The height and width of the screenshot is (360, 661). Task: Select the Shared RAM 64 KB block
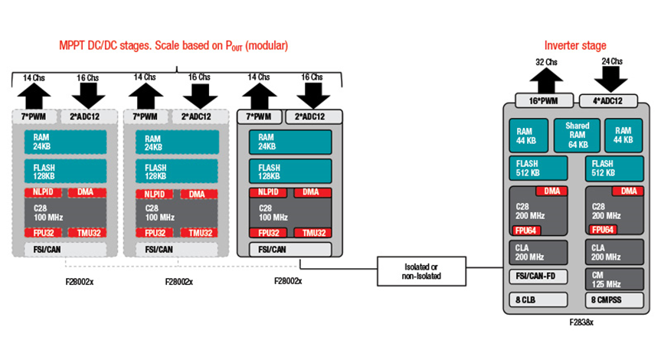tap(576, 135)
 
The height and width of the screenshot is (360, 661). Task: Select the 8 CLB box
tap(538, 299)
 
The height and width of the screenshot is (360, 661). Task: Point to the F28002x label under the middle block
tap(179, 281)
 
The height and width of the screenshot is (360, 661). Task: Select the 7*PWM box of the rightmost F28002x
tap(260, 116)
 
